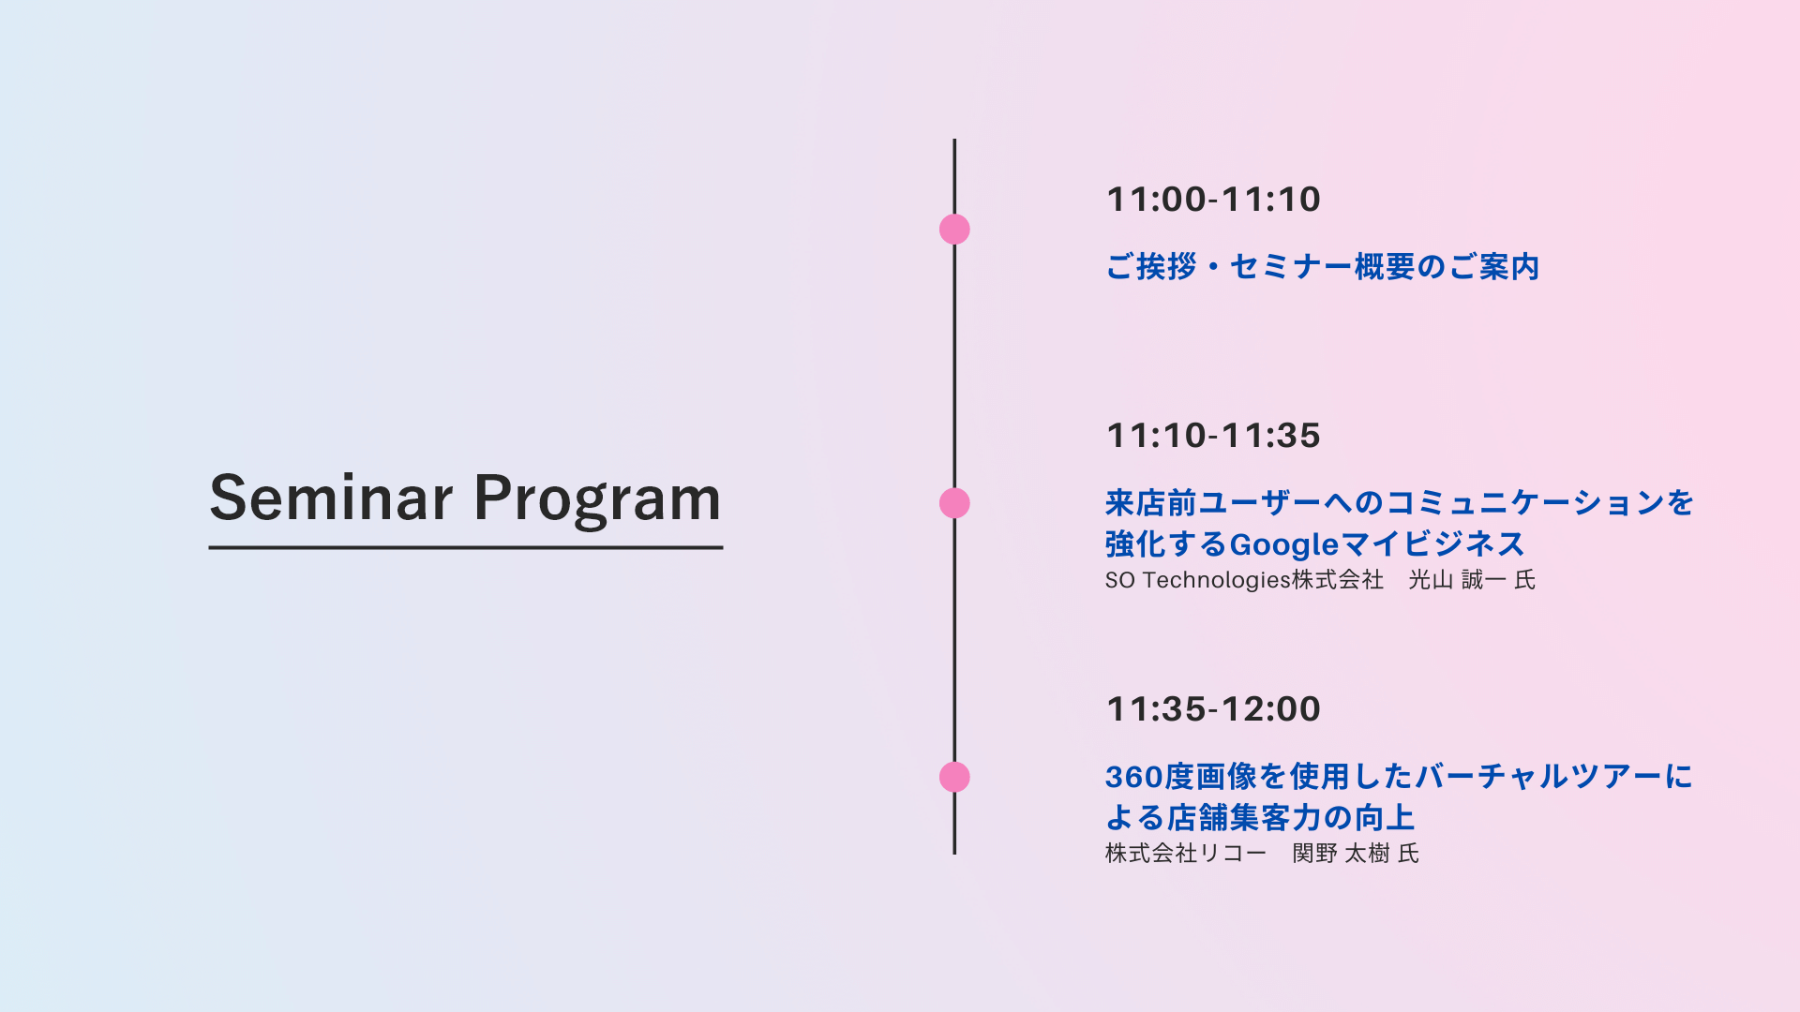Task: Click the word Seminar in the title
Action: coord(332,498)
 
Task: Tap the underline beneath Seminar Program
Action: coord(466,547)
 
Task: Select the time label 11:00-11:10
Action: coord(1214,200)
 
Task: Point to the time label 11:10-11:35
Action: coord(1214,436)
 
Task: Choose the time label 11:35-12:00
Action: coord(1214,709)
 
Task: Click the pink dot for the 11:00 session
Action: coord(954,230)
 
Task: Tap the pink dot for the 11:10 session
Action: coord(954,503)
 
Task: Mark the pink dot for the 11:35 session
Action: coord(954,777)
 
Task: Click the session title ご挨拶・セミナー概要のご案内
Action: coord(1323,267)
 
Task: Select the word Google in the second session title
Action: coord(1284,545)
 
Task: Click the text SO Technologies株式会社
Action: coord(1244,580)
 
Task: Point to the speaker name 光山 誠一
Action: coord(1458,580)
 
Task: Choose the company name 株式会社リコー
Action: coord(1186,854)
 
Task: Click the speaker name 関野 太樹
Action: coord(1342,854)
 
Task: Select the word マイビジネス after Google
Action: coord(1433,544)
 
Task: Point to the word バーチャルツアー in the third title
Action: coord(1538,777)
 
